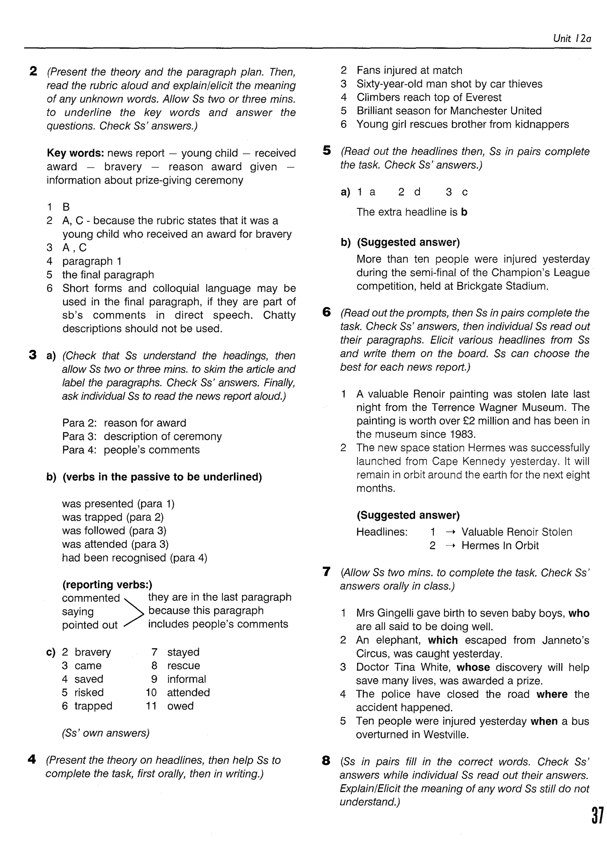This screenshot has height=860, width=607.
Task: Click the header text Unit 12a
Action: click(x=571, y=39)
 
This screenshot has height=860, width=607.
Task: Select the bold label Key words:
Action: click(x=75, y=153)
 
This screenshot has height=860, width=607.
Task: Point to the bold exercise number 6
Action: click(x=327, y=312)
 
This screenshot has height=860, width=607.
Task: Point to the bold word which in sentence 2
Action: click(x=443, y=640)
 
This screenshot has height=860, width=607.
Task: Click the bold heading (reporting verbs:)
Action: click(x=107, y=585)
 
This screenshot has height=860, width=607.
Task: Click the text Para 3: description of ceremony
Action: click(x=142, y=436)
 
